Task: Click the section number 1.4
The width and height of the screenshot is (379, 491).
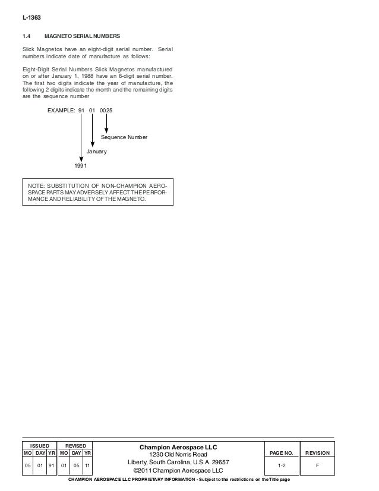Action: tap(27, 36)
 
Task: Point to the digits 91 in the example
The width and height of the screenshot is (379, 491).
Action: tap(81, 110)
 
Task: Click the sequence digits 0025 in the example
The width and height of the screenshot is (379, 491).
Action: tap(106, 110)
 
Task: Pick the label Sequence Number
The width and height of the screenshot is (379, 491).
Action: tap(124, 137)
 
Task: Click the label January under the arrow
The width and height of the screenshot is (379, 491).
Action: tap(96, 152)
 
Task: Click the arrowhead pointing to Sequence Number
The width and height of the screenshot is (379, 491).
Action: tap(106, 130)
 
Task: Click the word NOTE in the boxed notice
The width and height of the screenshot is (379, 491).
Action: tap(37, 188)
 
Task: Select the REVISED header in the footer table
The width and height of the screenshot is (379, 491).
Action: tap(75, 445)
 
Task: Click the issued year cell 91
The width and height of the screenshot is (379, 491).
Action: tap(52, 465)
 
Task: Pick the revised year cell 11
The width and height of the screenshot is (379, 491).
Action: tap(87, 465)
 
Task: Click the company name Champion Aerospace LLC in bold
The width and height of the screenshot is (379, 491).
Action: tap(178, 447)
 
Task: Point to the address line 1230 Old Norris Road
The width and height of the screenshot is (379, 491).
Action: tap(178, 455)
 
